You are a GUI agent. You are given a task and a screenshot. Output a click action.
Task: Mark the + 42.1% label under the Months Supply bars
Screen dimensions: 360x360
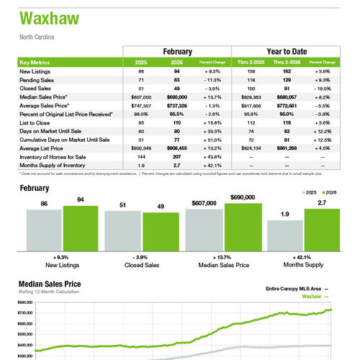point(303,257)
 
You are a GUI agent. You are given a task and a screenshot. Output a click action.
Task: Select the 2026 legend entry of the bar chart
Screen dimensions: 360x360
point(330,193)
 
